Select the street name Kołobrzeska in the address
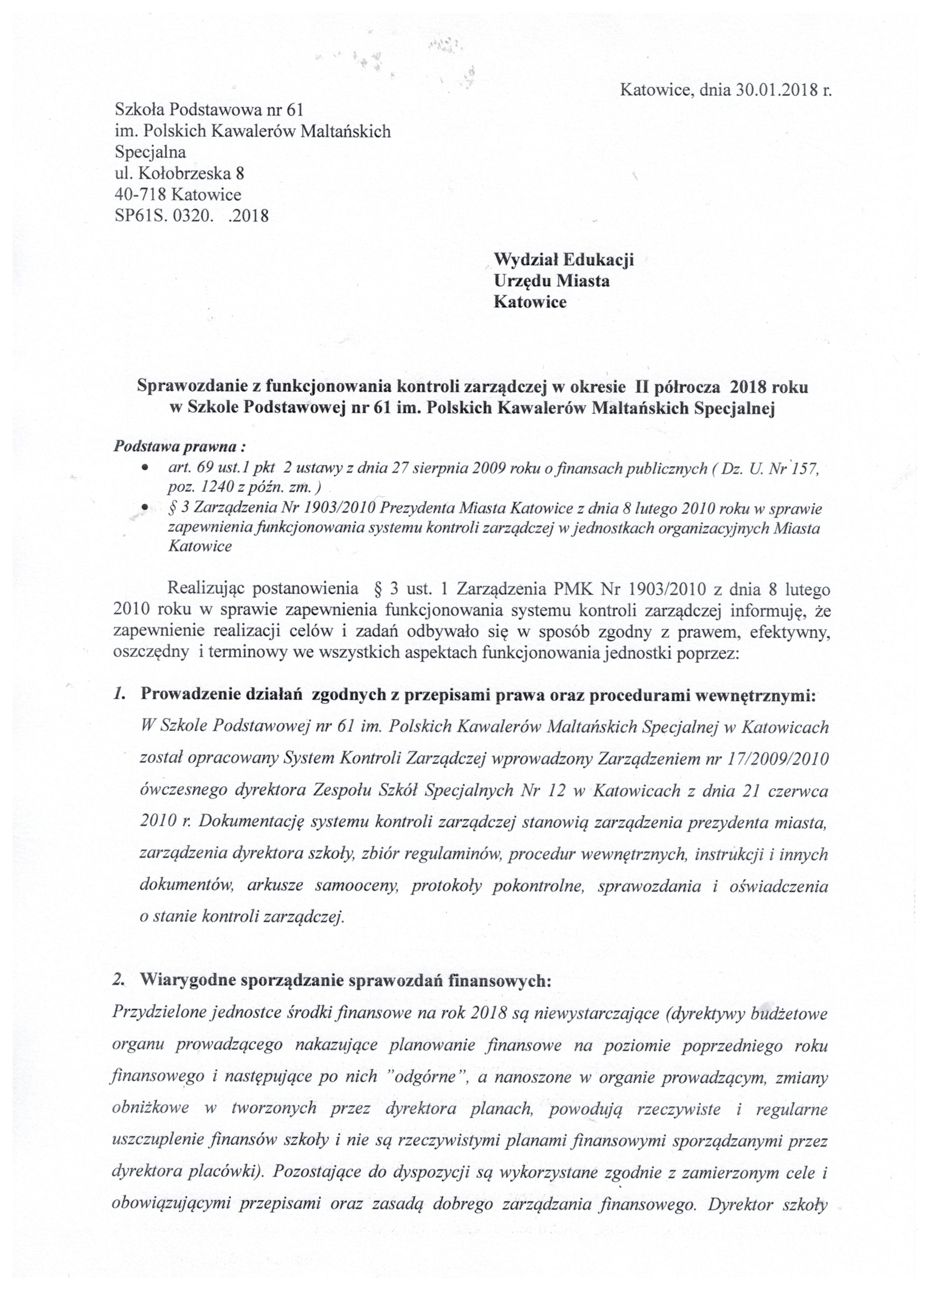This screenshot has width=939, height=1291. tap(184, 173)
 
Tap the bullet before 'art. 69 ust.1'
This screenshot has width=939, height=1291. tap(146, 468)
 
